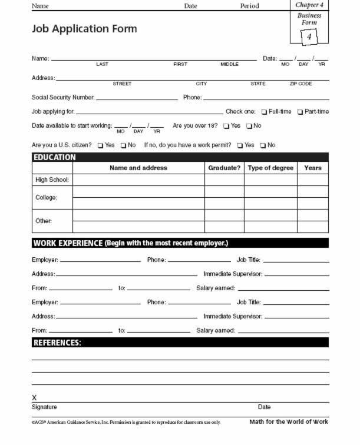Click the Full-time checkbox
[x=265, y=112]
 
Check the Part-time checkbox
[x=300, y=112]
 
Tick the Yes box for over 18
[x=226, y=126]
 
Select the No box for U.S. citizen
[x=124, y=145]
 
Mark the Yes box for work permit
[x=240, y=145]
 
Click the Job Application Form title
[x=84, y=29]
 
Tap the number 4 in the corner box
[x=309, y=37]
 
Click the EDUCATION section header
[x=54, y=158]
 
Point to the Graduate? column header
[x=224, y=168]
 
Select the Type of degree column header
[x=270, y=168]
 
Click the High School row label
[x=52, y=180]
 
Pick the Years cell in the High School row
[x=313, y=180]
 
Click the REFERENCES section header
[x=57, y=343]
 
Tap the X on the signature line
[x=34, y=398]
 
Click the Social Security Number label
[x=62, y=98]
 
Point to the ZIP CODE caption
[x=300, y=84]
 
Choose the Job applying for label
[x=53, y=112]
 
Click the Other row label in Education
[x=44, y=221]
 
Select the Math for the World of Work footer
[x=289, y=422]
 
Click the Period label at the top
[x=249, y=6]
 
